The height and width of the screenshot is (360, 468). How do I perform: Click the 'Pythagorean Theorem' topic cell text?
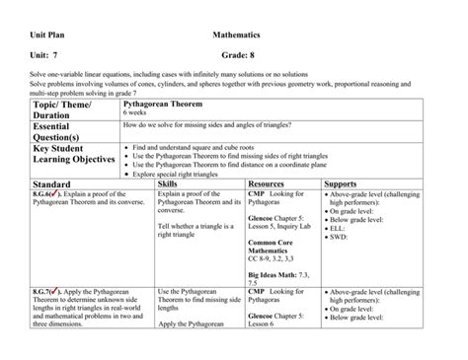click(x=195, y=103)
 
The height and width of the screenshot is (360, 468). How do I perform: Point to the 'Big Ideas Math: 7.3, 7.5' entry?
click(x=281, y=277)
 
